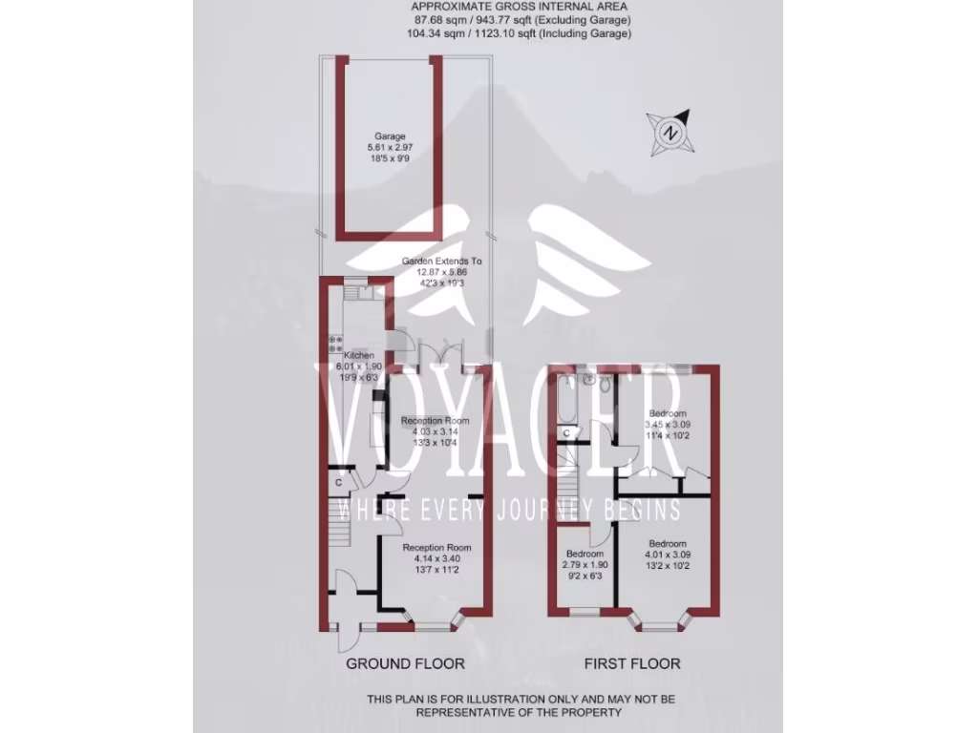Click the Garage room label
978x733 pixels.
(389, 136)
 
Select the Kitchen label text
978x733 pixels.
(359, 355)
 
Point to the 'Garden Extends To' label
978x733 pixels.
(441, 261)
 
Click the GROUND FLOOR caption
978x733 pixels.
(405, 663)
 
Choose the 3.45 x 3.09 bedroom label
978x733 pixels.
(667, 413)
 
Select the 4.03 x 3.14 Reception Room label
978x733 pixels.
(435, 421)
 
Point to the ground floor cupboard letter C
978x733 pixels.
(339, 483)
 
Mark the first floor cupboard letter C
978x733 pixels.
(566, 434)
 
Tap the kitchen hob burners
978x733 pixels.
(334, 345)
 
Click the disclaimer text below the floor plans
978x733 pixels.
(521, 705)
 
